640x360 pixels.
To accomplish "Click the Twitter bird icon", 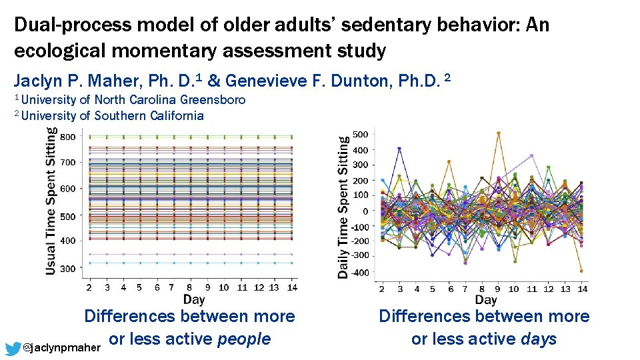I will point(12,348).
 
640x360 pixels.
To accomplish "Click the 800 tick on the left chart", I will point(68,137).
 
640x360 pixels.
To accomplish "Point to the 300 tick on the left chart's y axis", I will point(68,268).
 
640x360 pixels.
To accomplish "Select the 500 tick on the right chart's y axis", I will point(360,135).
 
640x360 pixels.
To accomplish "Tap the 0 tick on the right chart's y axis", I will point(365,211).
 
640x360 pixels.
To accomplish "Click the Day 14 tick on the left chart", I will point(292,288).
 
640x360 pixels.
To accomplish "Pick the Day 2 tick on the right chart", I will point(381,289).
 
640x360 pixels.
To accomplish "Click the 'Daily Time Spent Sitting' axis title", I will point(343,207).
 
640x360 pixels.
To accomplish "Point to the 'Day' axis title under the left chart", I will point(194,300).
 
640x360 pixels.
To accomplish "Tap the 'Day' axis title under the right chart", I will point(486,301).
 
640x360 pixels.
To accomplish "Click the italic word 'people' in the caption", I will point(244,339).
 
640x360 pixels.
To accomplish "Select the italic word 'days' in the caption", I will point(538,339).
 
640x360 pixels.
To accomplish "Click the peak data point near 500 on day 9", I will point(498,133).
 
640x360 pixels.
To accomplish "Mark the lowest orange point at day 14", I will point(582,271).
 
